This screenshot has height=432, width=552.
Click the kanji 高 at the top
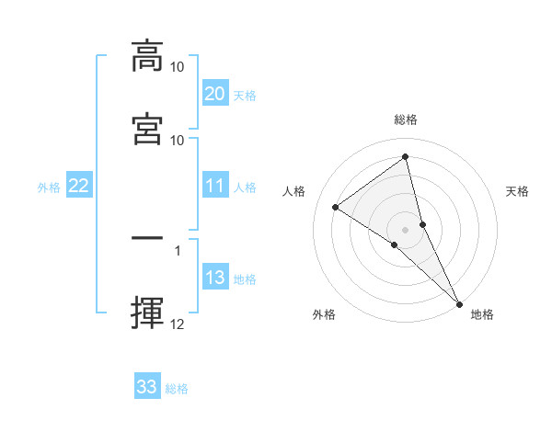pyautogui.click(x=147, y=56)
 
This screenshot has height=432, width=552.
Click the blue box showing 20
pyautogui.click(x=214, y=94)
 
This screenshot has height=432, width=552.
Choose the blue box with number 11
pyautogui.click(x=214, y=186)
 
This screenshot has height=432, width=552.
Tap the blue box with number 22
pyautogui.click(x=78, y=186)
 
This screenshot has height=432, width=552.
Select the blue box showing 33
pyautogui.click(x=147, y=387)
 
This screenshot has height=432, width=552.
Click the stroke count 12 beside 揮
pyautogui.click(x=178, y=324)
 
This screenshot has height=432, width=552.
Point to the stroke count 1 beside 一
pyautogui.click(x=178, y=249)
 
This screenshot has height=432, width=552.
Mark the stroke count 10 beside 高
pyautogui.click(x=178, y=67)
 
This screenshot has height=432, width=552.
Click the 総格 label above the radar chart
pyautogui.click(x=406, y=119)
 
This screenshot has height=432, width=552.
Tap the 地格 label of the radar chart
pyautogui.click(x=482, y=314)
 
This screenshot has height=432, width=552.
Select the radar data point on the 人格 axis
pyautogui.click(x=336, y=207)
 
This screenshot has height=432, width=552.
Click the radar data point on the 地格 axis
pyautogui.click(x=459, y=303)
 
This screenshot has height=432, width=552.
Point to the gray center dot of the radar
pyautogui.click(x=406, y=229)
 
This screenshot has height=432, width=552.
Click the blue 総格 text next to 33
pyautogui.click(x=177, y=389)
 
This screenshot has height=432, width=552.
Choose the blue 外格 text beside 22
pyautogui.click(x=49, y=188)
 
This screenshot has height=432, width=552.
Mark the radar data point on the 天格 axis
pyautogui.click(x=423, y=223)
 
